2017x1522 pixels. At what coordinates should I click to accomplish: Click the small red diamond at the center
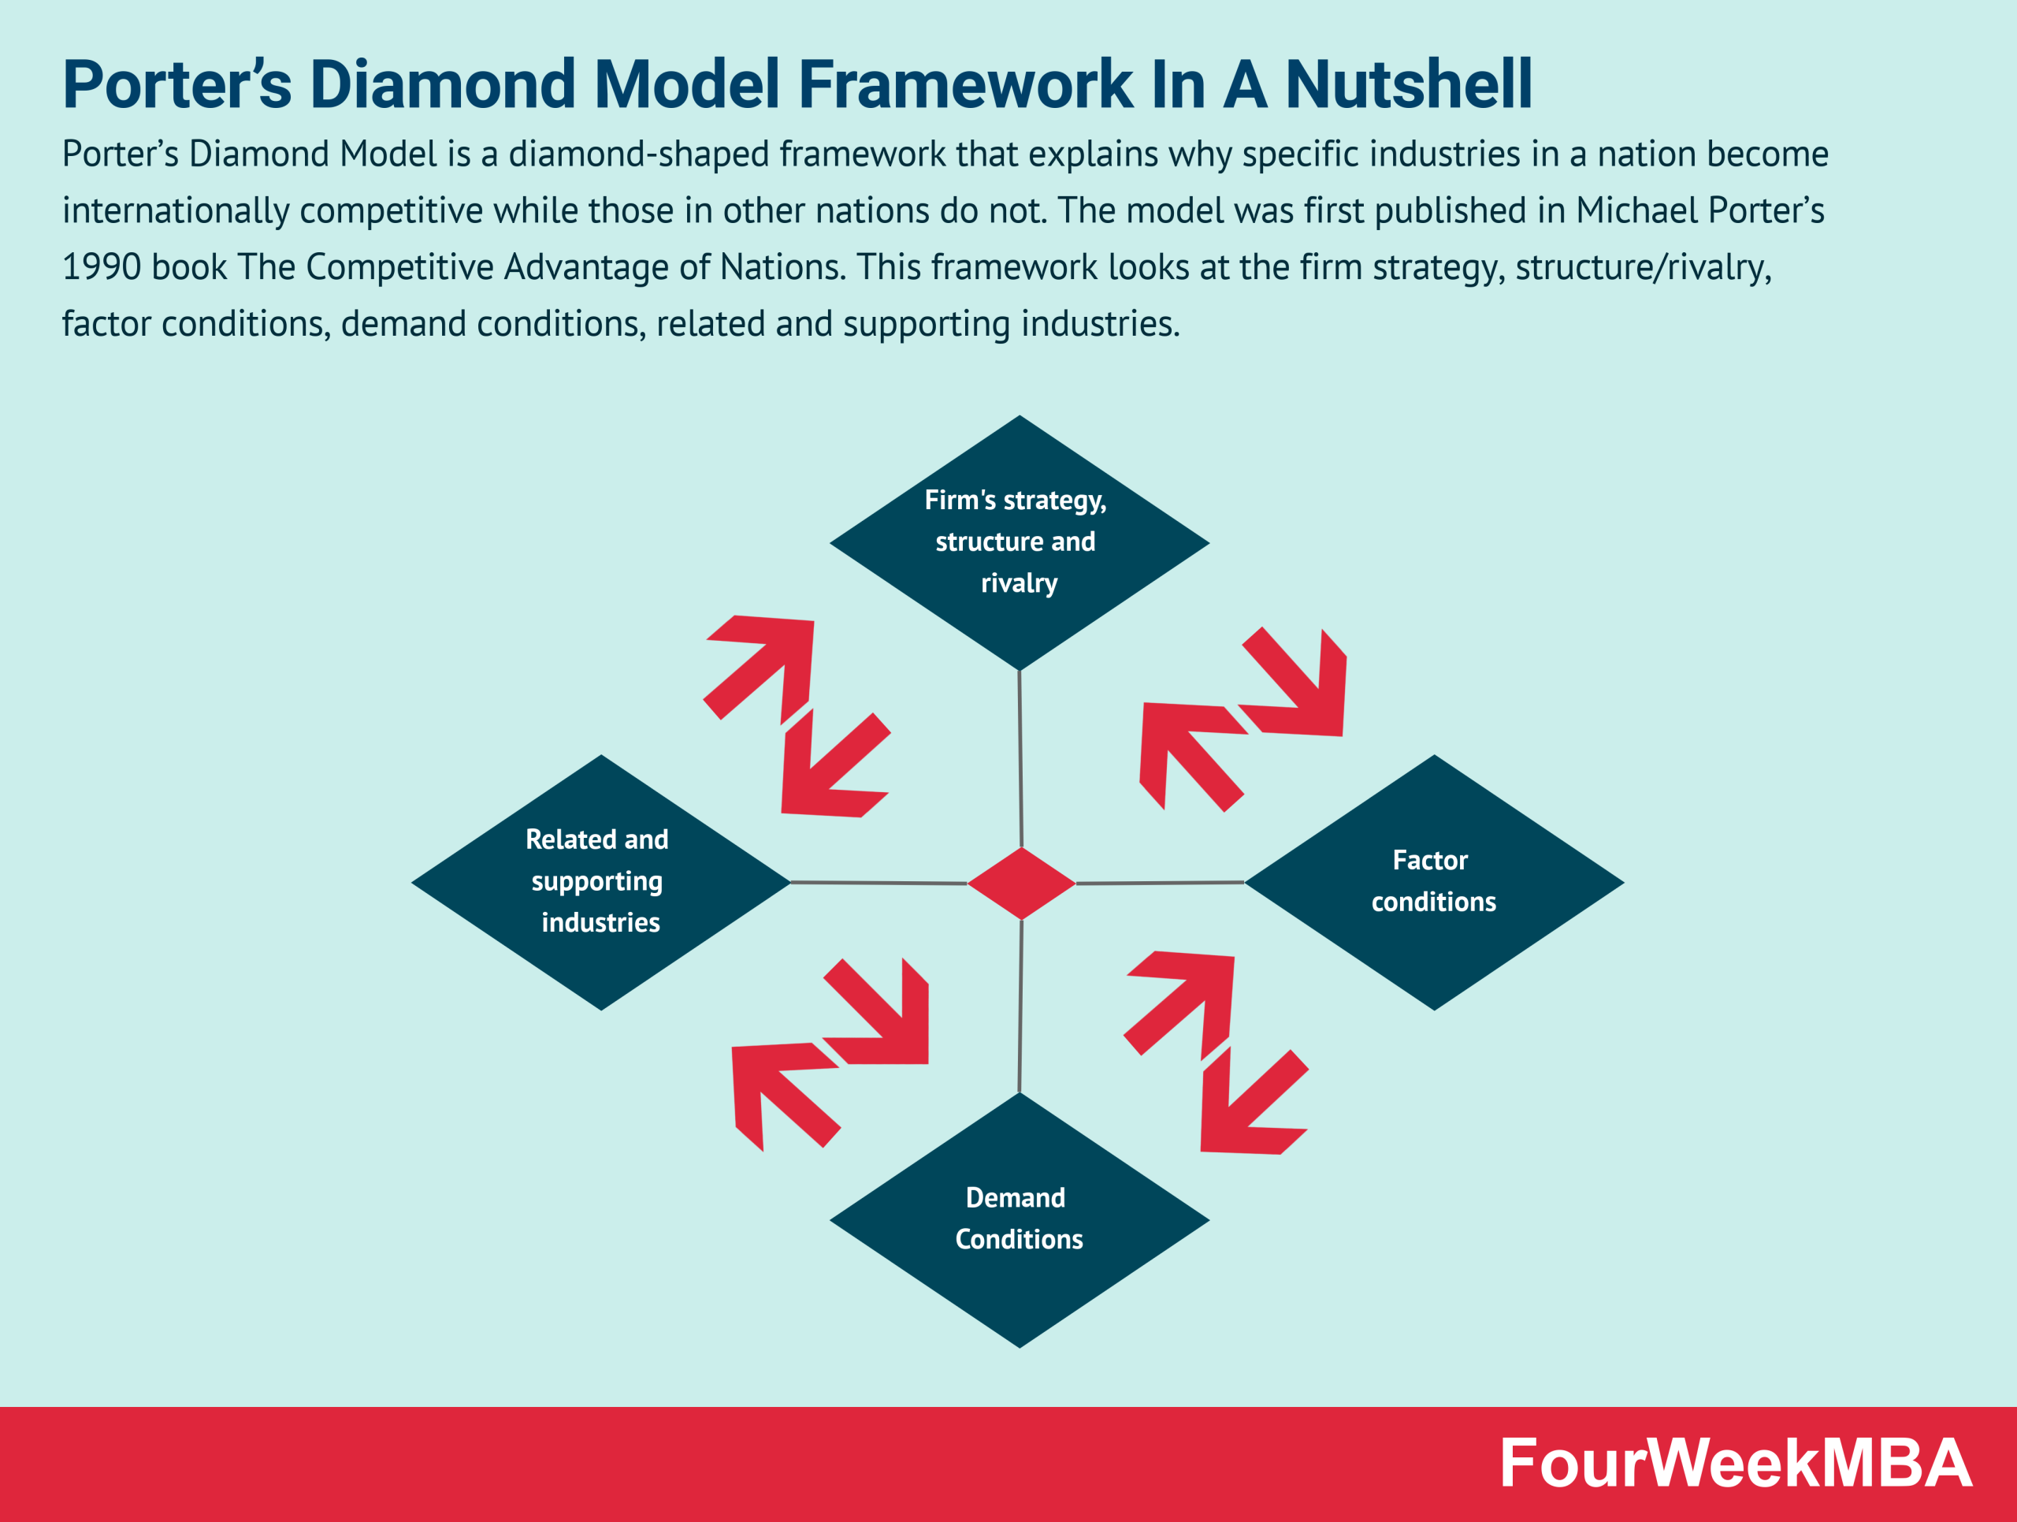[1021, 883]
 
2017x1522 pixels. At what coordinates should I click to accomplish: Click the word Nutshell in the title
[1408, 84]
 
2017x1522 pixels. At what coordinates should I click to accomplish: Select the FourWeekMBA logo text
[1735, 1464]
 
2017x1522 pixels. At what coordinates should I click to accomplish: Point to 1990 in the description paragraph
[99, 267]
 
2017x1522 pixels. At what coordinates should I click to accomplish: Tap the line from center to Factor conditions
[1160, 883]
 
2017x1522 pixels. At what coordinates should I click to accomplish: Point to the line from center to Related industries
[879, 883]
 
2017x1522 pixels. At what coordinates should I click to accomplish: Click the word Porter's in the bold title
[177, 84]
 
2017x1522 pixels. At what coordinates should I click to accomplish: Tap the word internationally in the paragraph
[175, 210]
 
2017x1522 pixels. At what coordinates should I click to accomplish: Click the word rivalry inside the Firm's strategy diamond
[1019, 582]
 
